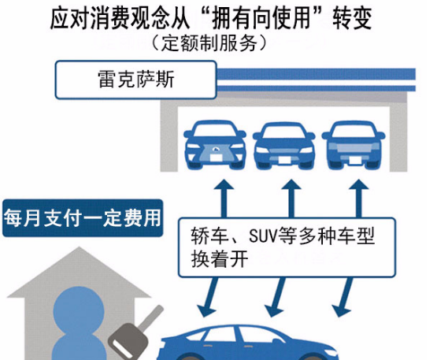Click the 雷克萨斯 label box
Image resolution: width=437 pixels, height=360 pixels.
[135, 80]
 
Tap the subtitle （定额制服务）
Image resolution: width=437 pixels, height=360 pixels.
[209, 43]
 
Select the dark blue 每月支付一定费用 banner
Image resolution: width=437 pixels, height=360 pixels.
[83, 217]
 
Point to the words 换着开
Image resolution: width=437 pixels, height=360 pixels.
[220, 259]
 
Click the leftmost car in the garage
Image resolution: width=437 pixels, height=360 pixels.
[215, 145]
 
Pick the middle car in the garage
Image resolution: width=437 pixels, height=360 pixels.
[283, 146]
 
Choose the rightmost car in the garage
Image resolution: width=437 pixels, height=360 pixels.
[354, 145]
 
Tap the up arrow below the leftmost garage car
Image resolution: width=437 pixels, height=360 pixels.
[224, 199]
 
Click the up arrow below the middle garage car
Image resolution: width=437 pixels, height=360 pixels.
[291, 199]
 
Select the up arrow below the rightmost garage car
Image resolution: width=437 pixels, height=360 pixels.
[359, 199]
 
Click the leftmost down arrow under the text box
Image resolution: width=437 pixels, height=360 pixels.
[209, 297]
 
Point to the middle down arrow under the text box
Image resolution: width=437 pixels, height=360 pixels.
[276, 297]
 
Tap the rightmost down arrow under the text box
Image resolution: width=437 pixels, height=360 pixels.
[343, 297]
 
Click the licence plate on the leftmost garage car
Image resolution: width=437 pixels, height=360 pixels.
[216, 158]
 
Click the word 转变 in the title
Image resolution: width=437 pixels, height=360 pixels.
[352, 19]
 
